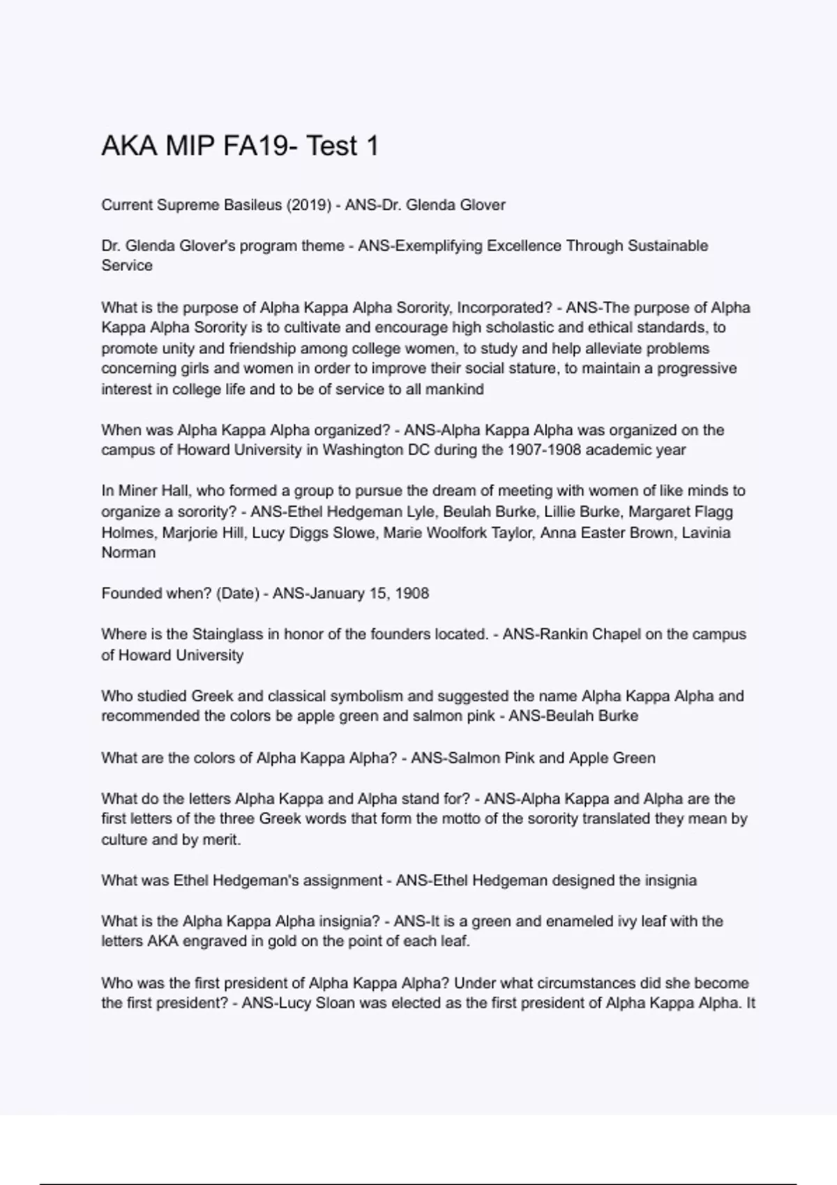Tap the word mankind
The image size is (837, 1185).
(x=455, y=389)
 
